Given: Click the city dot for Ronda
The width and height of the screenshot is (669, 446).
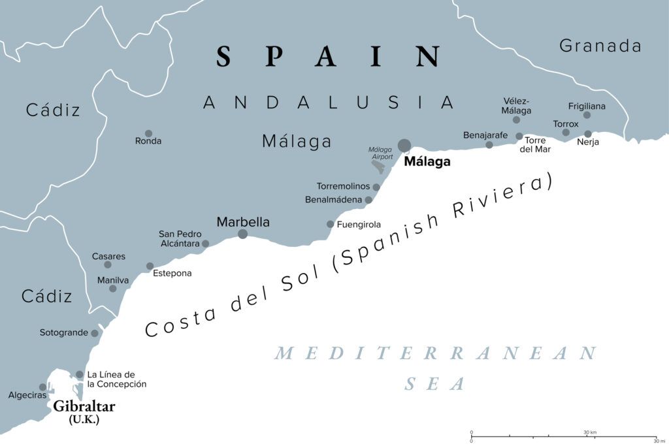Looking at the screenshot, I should pos(148,133).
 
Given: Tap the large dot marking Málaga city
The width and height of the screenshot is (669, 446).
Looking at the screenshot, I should pos(405,145).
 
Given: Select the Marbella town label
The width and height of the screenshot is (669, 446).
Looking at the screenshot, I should pos(243,222).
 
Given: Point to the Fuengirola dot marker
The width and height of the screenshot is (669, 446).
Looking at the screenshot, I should pos(331,224).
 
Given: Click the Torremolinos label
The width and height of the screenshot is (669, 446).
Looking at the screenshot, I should pos(343,187).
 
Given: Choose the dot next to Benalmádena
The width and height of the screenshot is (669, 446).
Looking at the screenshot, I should pos(368,200).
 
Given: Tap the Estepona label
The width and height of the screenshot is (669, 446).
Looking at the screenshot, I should pos(172,273).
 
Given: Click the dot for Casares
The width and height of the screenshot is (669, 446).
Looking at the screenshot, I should pos(108,264).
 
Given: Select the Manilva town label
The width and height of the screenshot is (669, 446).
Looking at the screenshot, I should pos(113,280).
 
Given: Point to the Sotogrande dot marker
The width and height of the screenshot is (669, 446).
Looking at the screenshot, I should pos(95,333).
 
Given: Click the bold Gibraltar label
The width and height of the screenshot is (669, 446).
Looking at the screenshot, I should pos(84,407).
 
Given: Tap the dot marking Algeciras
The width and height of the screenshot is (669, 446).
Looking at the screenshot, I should pos(42,387).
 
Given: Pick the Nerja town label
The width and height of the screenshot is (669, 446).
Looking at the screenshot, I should pos(589,142).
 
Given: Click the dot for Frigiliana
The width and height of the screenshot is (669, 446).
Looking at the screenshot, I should pos(587,115).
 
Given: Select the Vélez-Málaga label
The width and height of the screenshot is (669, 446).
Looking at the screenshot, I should pos(517,106).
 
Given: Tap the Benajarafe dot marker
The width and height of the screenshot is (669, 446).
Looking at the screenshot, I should pos(489,144).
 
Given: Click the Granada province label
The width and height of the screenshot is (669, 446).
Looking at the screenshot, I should pos(600,46).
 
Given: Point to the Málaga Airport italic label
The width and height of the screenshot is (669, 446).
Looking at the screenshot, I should pos(380,153).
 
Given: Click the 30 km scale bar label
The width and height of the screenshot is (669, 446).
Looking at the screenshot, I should pos(591,432).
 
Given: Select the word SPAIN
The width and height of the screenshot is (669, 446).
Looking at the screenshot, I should pos(329,57).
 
